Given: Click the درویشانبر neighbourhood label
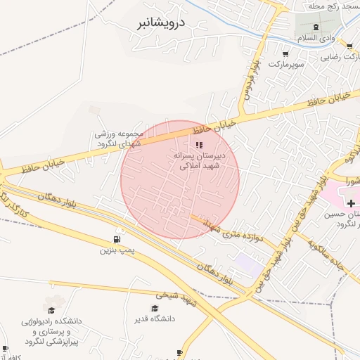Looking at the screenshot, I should (160, 22).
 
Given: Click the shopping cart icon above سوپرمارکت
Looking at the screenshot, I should (285, 53).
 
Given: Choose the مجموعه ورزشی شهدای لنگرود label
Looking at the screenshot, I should (119, 139).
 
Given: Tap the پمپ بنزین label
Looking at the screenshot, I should (116, 250).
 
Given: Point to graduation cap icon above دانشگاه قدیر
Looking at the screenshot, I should (155, 308).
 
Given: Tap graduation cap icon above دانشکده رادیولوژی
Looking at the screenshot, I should (51, 309).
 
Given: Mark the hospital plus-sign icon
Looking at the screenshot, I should (351, 203).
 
